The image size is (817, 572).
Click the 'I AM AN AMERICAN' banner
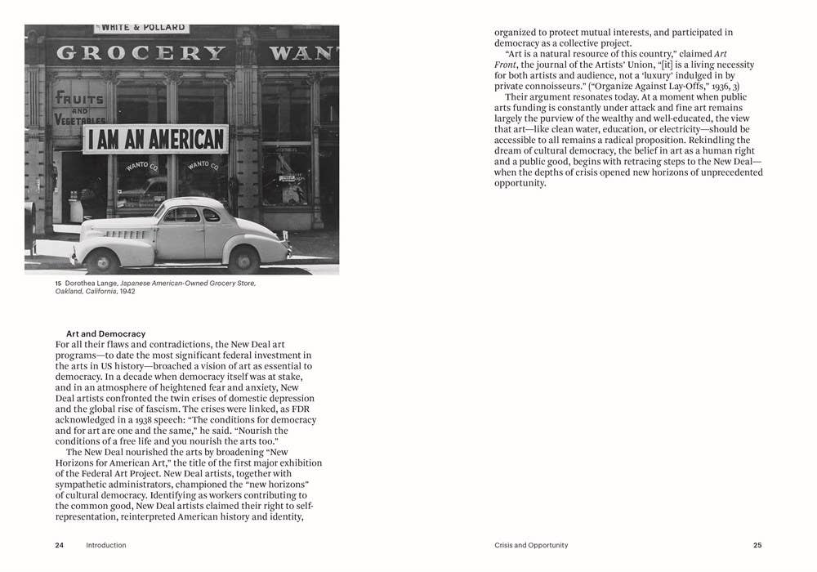[154, 139]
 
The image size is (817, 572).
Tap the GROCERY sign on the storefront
[141, 53]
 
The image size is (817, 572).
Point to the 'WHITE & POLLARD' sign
[141, 29]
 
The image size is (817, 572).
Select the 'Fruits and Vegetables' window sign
[80, 106]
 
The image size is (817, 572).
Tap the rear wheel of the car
[243, 258]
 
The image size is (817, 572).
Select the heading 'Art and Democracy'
[105, 333]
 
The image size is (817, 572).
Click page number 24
[59, 545]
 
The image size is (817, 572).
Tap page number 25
[757, 545]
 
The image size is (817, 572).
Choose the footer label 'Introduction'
[106, 545]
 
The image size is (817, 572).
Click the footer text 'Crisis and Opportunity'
[531, 545]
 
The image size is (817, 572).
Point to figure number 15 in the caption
[59, 284]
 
